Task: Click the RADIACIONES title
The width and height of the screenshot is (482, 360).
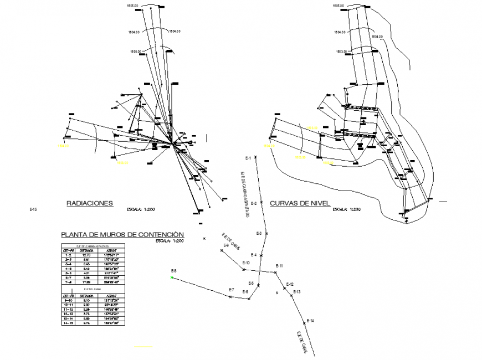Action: [90, 203]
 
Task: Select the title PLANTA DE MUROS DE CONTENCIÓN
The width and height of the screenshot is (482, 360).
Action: [122, 234]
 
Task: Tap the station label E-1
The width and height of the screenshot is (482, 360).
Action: [248, 158]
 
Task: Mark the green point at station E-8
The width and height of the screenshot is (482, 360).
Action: [172, 277]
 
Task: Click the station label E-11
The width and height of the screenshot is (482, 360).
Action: [279, 266]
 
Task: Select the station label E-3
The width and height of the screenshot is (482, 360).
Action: [259, 234]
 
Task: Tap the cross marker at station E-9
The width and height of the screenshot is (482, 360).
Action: [222, 250]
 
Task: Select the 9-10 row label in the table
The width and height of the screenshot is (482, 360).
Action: [68, 301]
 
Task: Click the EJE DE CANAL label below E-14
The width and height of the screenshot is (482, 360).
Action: [301, 342]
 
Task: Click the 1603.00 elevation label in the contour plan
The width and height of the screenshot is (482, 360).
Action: [341, 52]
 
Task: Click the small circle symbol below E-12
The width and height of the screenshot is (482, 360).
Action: [277, 292]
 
